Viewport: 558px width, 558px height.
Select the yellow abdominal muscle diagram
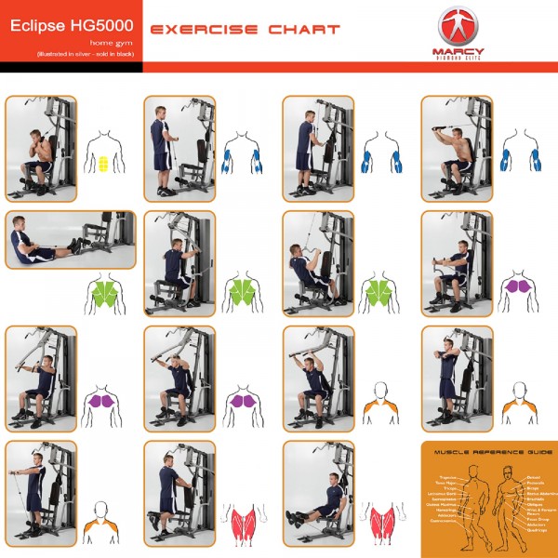tap(104, 162)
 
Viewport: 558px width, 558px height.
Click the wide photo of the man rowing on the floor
tap(70, 240)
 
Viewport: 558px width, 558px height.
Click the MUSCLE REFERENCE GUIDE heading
tap(493, 452)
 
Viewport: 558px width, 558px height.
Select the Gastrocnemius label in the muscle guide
tap(444, 521)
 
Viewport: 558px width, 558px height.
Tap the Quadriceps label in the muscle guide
tap(537, 530)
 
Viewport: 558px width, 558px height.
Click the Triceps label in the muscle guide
tap(449, 488)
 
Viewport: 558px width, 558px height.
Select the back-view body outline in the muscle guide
tap(474, 507)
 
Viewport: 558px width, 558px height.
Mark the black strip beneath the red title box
tap(70, 67)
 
